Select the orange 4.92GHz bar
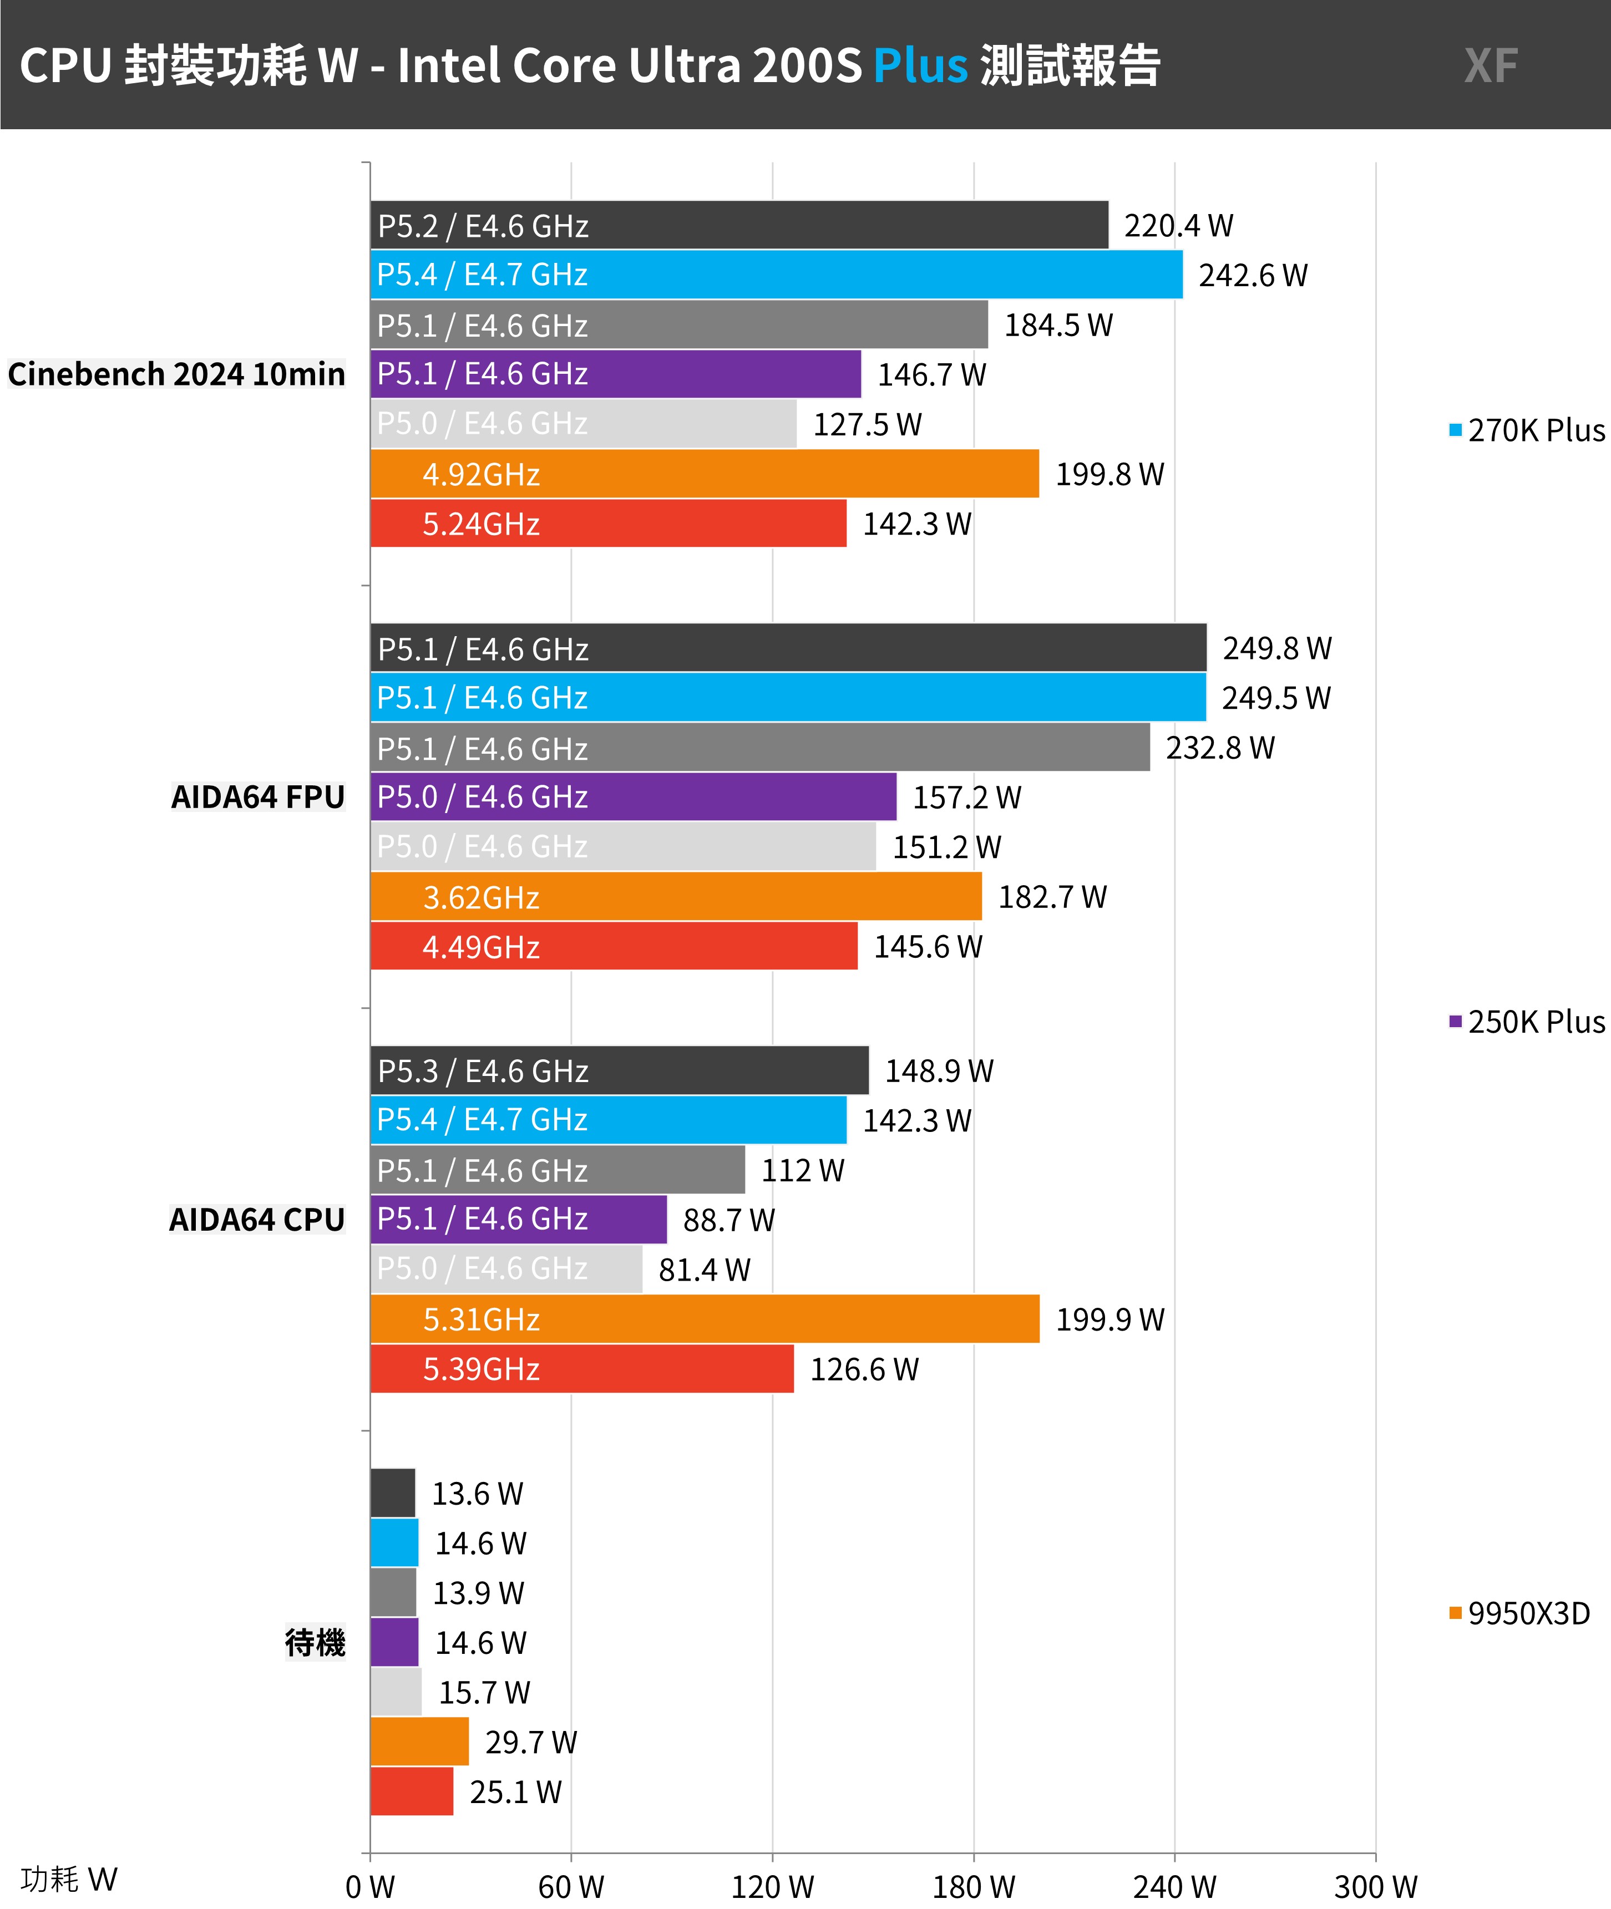(x=704, y=474)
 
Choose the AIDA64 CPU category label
(x=257, y=1220)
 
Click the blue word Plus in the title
(x=920, y=66)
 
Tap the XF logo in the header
(x=1491, y=66)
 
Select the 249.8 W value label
(x=1276, y=648)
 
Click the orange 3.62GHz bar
(x=676, y=896)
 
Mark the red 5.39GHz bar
(x=582, y=1369)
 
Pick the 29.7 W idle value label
(x=530, y=1743)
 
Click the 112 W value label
(x=803, y=1170)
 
